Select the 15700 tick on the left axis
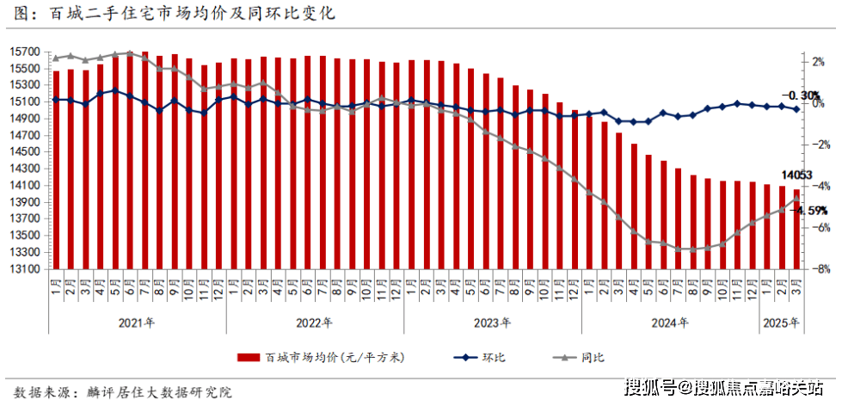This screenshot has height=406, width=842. pyautogui.click(x=26, y=52)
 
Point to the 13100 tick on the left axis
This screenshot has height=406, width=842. pyautogui.click(x=26, y=269)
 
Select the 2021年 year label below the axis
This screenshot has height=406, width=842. pyautogui.click(x=138, y=323)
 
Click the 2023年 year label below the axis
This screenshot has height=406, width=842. pyautogui.click(x=492, y=323)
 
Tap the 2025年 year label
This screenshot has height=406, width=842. pyautogui.click(x=781, y=323)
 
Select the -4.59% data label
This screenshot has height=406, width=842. pyautogui.click(x=812, y=210)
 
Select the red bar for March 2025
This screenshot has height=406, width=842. pyautogui.click(x=796, y=229)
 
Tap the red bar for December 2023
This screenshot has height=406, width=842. pyautogui.click(x=575, y=189)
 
